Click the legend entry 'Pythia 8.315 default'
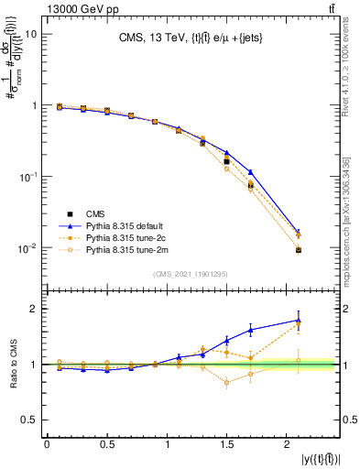click(x=124, y=224)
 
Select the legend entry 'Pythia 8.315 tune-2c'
click(x=124, y=235)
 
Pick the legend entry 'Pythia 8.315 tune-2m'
click(x=124, y=248)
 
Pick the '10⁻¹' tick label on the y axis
click(x=28, y=177)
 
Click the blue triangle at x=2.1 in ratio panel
click(x=299, y=321)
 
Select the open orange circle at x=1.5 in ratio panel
click(x=226, y=383)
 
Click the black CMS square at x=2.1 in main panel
click(x=299, y=250)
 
